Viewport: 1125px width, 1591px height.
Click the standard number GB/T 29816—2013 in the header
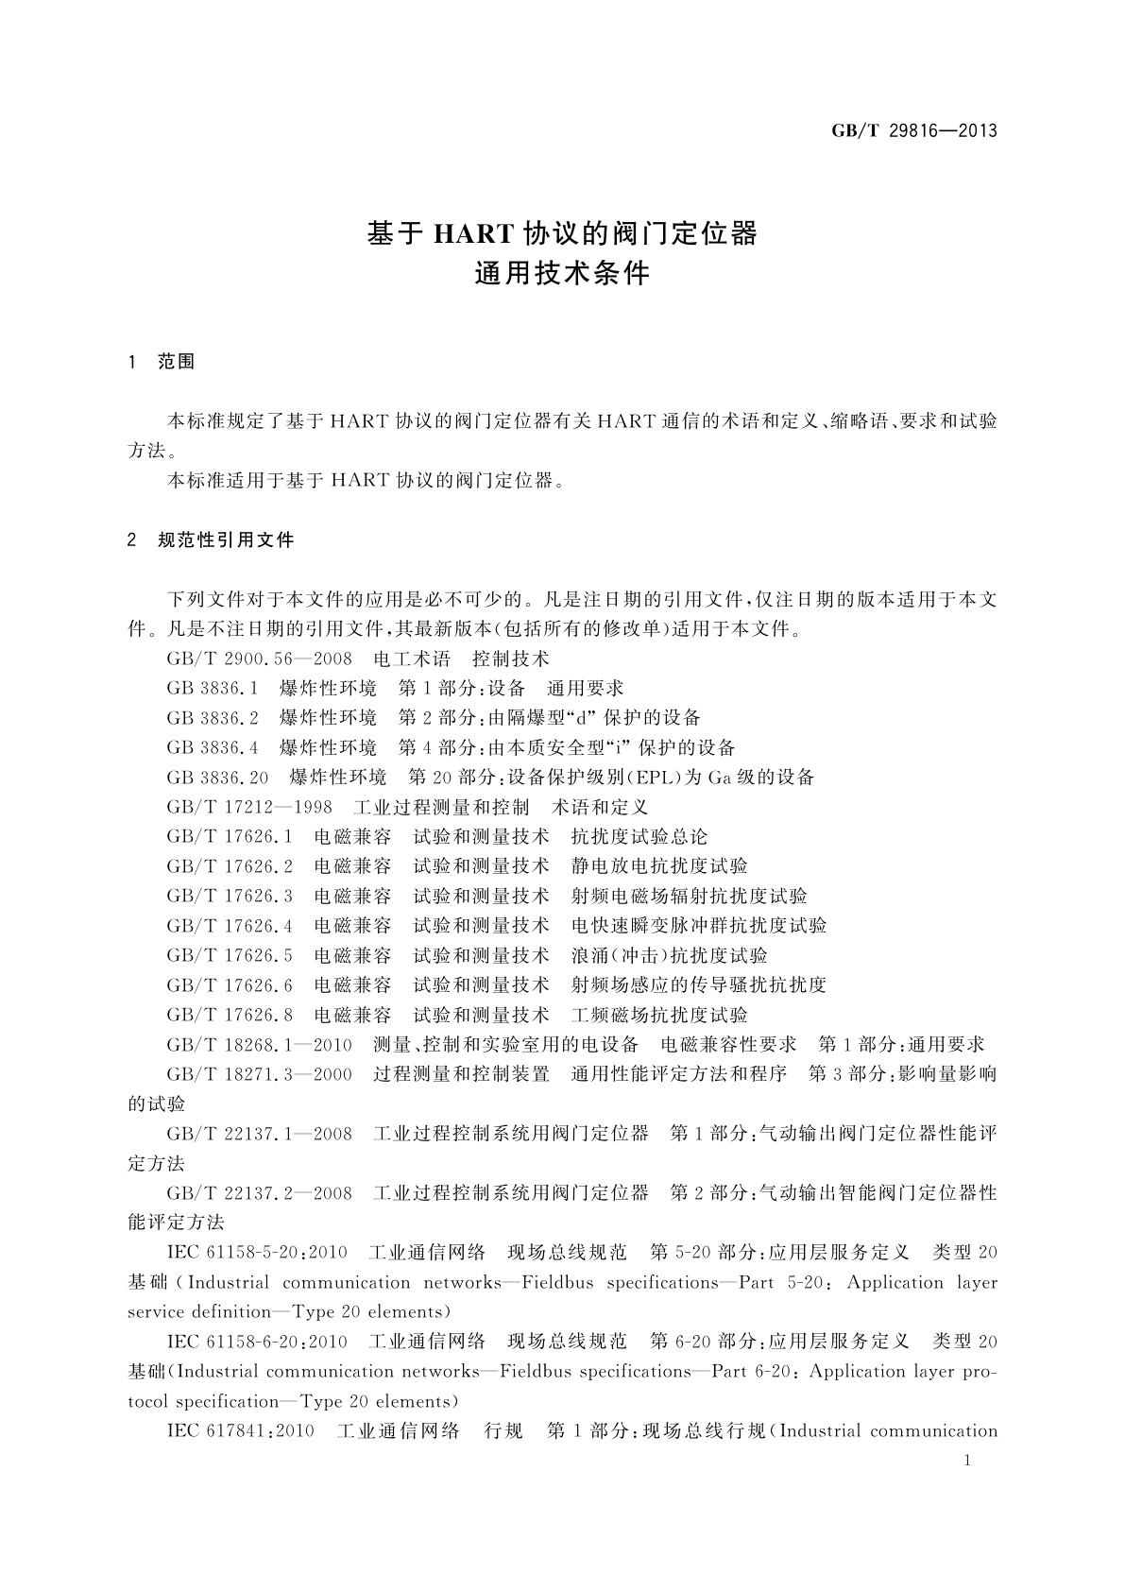(914, 131)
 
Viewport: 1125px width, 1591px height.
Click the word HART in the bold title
(471, 233)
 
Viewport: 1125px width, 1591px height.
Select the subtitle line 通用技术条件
(561, 274)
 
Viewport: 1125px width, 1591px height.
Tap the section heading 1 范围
(162, 362)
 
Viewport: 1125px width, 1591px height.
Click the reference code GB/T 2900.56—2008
(259, 659)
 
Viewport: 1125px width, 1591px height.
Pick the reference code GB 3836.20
(217, 778)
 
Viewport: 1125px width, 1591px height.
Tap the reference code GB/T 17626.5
(230, 955)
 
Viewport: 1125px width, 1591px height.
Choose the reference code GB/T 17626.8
(230, 1015)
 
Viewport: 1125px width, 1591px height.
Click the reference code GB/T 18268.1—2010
(259, 1044)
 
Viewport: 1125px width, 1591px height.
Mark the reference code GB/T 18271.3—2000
(259, 1074)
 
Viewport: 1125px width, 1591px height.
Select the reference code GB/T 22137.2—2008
(259, 1193)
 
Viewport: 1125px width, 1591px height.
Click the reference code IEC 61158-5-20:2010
(257, 1253)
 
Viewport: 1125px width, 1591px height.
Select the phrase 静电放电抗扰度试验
(659, 866)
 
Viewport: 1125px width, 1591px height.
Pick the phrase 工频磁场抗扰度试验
(659, 1015)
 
